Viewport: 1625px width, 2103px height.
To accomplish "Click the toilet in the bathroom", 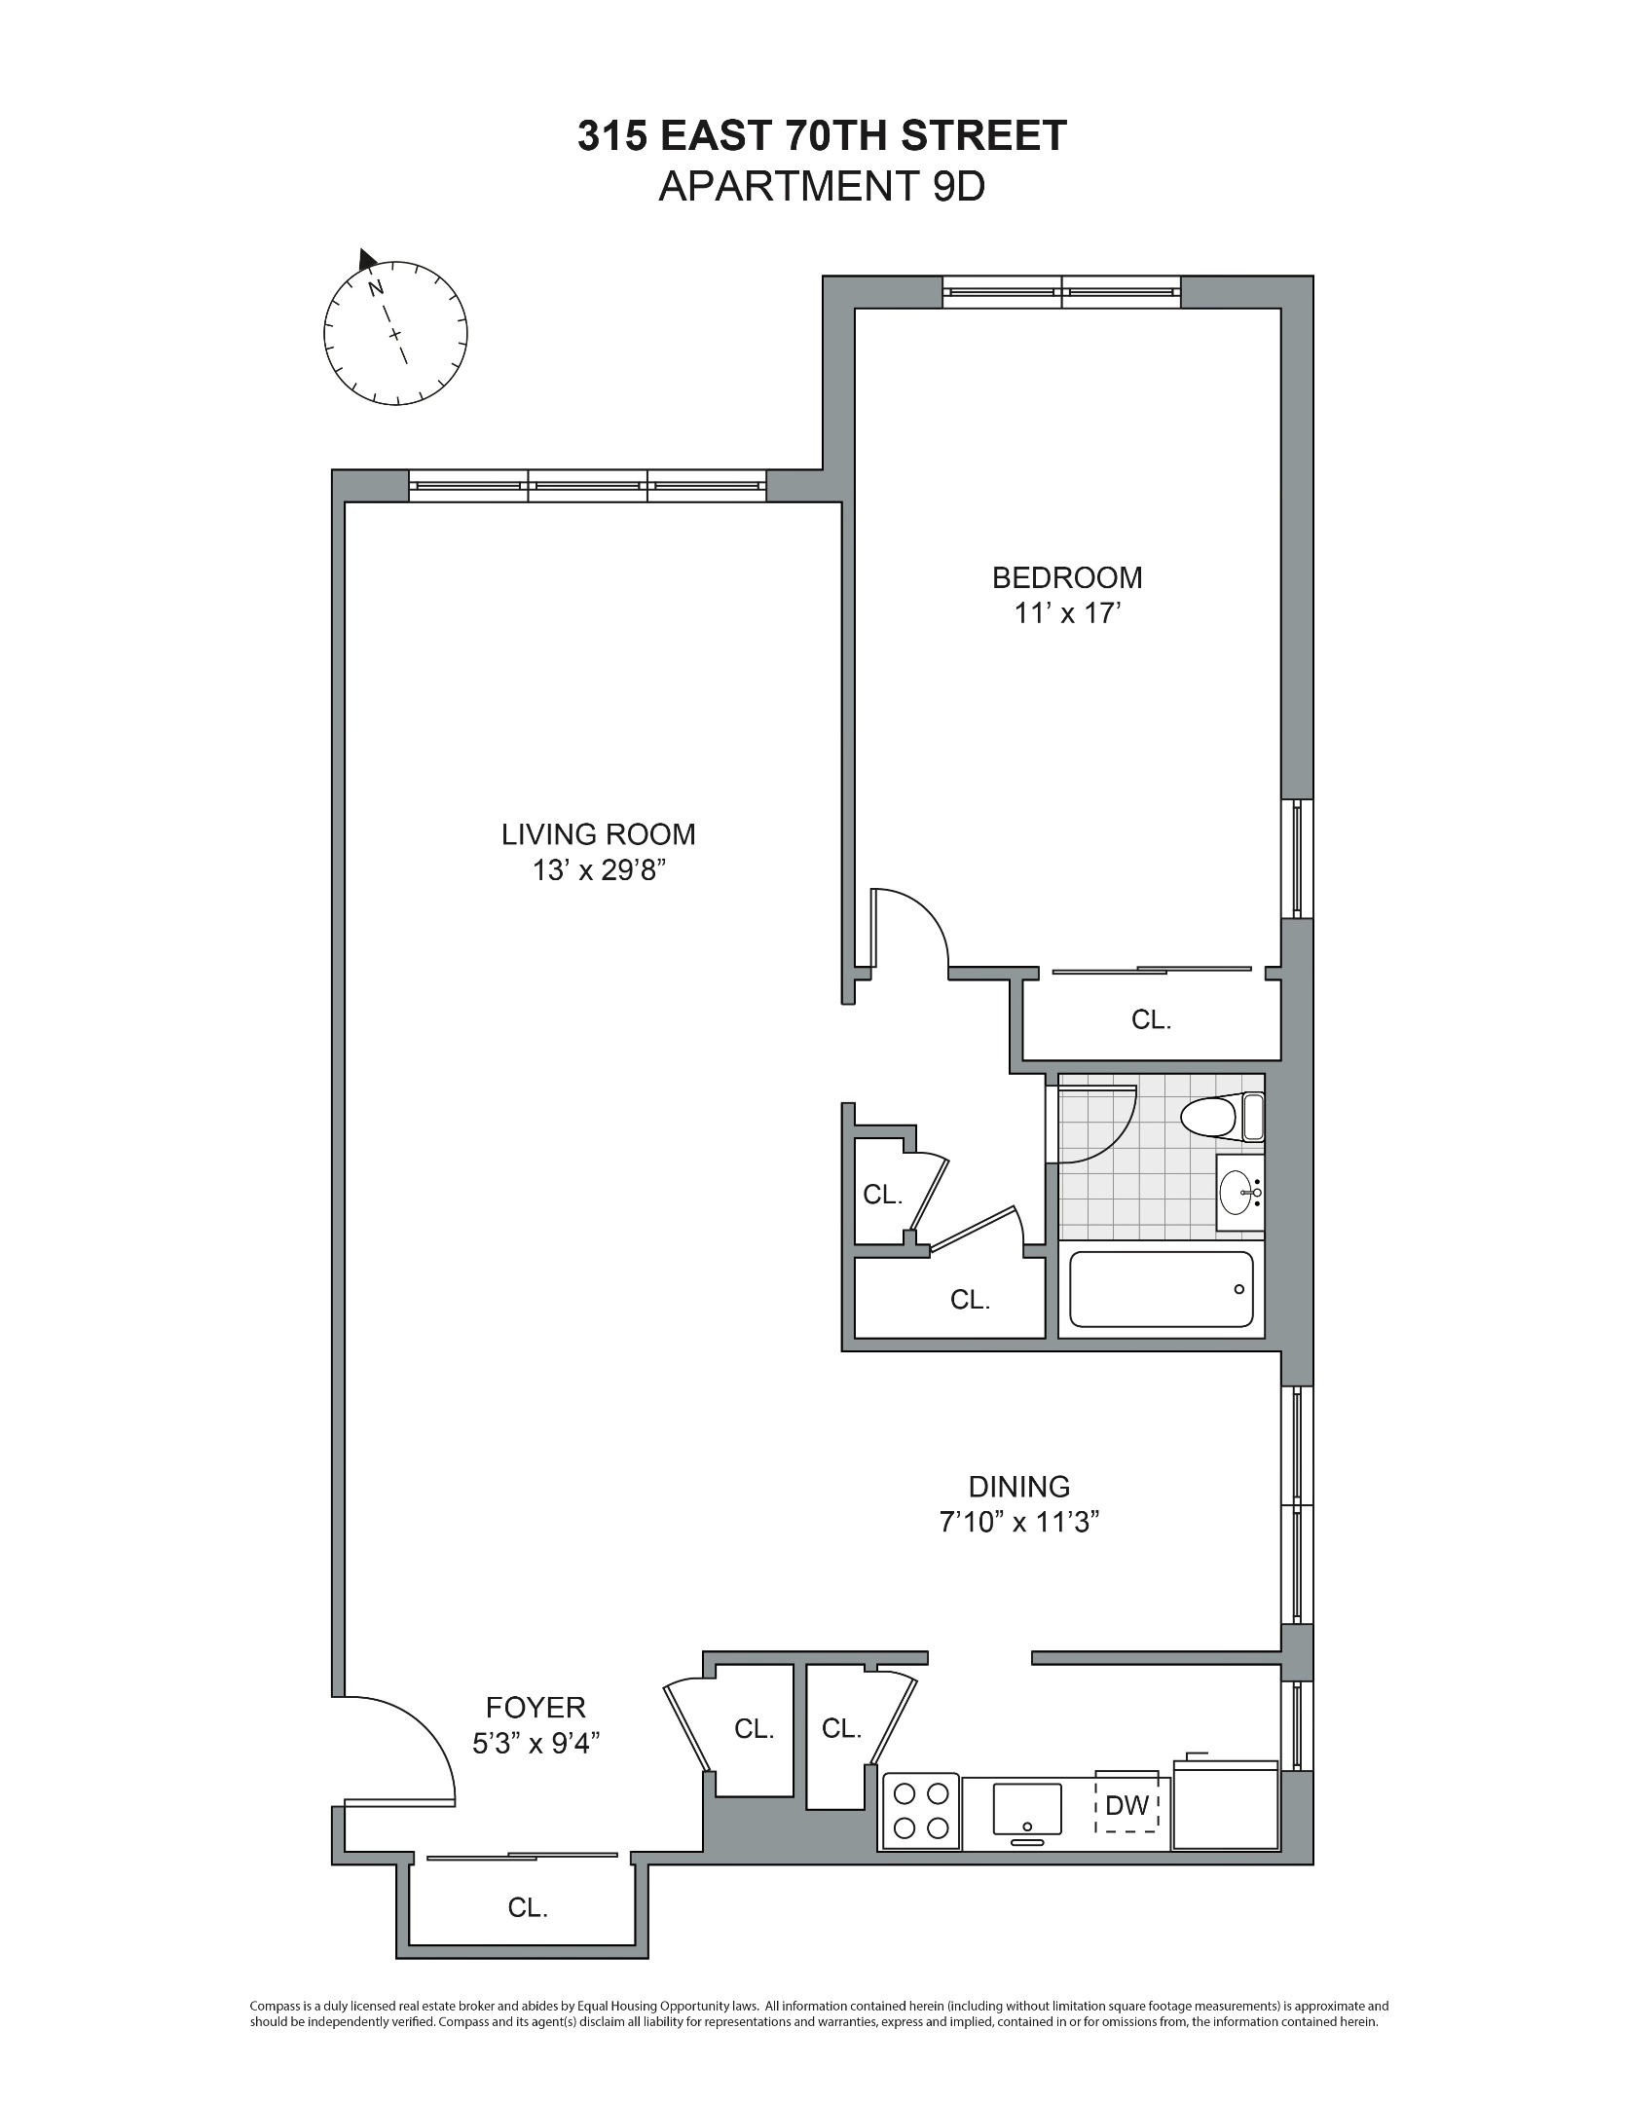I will click(1221, 1117).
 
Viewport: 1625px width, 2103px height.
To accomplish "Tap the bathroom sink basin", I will click(1237, 1192).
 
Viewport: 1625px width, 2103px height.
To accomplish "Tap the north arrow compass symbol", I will click(394, 333).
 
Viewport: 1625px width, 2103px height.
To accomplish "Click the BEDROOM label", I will click(1066, 577).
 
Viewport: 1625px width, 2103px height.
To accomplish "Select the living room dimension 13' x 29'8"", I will click(599, 870).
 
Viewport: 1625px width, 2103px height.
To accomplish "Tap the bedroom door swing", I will click(910, 930).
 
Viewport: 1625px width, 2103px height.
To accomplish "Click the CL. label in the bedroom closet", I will click(1150, 1019).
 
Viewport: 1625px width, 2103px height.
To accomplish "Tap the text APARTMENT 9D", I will click(821, 186).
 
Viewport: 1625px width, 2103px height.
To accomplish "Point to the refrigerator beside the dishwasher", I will click(1226, 1806).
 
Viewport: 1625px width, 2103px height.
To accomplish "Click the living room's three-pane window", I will click(587, 485).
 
